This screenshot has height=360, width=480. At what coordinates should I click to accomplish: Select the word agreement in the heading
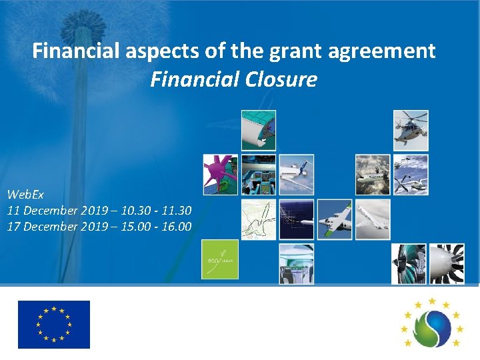(x=379, y=51)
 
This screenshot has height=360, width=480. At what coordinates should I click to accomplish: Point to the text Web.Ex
(x=25, y=195)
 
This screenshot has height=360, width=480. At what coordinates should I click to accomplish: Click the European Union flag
(x=54, y=325)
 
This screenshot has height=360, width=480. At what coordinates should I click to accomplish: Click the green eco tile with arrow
(x=219, y=259)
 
